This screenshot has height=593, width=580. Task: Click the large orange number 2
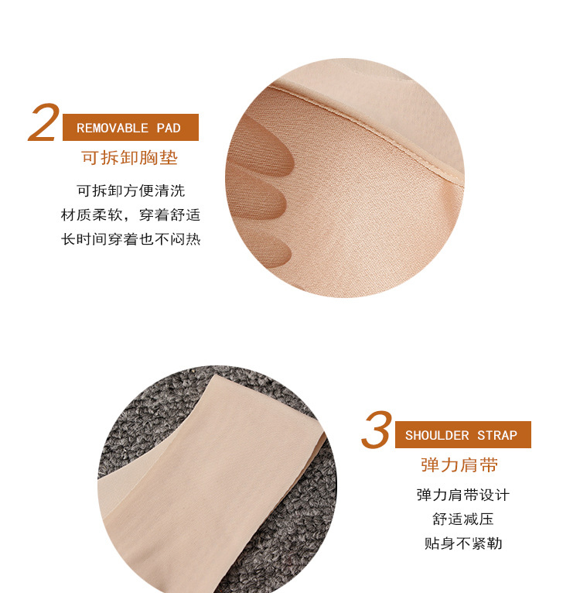(x=44, y=122)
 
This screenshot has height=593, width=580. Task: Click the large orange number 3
(x=376, y=430)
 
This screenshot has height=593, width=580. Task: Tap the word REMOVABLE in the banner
(x=113, y=129)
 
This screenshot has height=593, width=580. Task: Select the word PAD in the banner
(x=169, y=129)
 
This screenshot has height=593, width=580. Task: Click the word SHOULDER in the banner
(x=437, y=436)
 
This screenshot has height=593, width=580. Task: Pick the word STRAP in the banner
(x=497, y=436)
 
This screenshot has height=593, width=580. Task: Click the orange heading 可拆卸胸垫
(x=130, y=158)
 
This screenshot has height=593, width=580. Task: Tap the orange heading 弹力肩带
(x=459, y=465)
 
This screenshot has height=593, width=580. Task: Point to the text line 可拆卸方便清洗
(x=131, y=190)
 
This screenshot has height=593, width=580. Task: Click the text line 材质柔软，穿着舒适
(x=131, y=214)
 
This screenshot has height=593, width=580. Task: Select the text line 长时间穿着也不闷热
(x=131, y=239)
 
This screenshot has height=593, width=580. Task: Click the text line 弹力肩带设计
(x=463, y=495)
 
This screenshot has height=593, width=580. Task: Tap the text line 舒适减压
(x=463, y=519)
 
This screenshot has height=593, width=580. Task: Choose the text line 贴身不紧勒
(x=463, y=543)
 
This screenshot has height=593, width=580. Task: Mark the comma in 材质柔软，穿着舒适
(x=127, y=218)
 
